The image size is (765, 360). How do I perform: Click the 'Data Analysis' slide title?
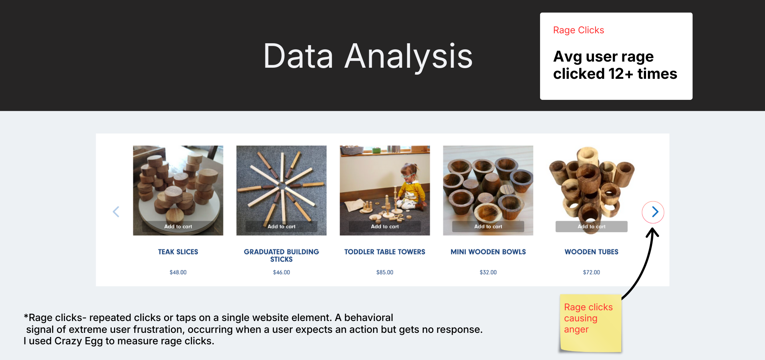[x=368, y=56]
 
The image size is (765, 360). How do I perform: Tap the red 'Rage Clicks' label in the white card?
[x=578, y=30]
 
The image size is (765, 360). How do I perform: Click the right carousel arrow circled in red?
[x=653, y=212]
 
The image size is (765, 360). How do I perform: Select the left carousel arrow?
[x=116, y=212]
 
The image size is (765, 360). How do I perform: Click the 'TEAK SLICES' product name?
[x=178, y=252]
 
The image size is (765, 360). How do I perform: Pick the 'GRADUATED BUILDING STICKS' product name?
[x=282, y=256]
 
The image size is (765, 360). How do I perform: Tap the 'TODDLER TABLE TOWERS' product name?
[x=385, y=252]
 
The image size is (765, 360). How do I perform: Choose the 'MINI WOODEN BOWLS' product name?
[x=488, y=252]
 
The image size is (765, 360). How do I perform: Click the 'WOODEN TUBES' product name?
[x=591, y=252]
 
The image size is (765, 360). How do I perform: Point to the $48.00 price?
[x=178, y=272]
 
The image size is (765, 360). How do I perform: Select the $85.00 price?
[x=385, y=272]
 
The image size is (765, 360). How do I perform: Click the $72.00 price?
[x=591, y=272]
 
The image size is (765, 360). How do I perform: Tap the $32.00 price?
[x=488, y=272]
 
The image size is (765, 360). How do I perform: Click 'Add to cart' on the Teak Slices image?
[x=178, y=226]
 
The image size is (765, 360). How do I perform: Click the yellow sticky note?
[x=590, y=323]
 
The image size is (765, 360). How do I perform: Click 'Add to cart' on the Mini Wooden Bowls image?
[x=488, y=226]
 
